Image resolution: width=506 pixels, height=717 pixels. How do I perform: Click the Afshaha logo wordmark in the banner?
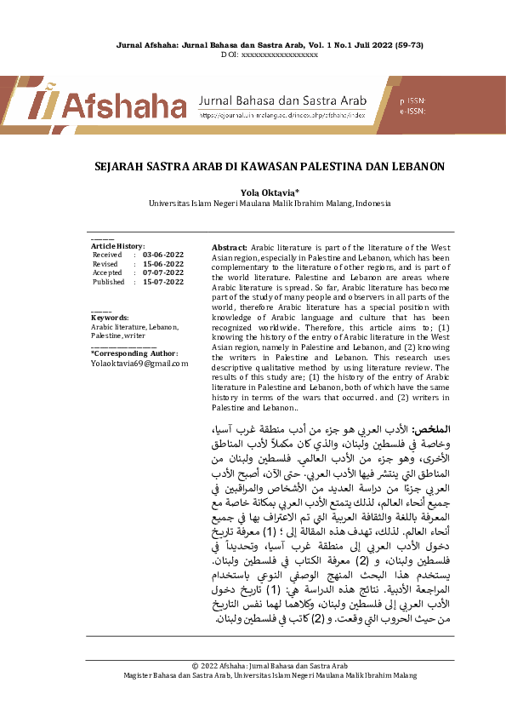tap(128, 106)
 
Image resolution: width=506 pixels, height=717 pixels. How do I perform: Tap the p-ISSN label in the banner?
tap(412, 100)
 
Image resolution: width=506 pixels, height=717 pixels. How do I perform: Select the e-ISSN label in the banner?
tap(412, 112)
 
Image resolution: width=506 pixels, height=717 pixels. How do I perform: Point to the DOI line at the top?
tap(269, 54)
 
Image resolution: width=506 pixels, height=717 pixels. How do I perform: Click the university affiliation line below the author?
tap(269, 204)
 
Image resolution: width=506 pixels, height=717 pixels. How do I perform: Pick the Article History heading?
tap(117, 245)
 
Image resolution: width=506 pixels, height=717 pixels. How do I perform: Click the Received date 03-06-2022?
tap(163, 255)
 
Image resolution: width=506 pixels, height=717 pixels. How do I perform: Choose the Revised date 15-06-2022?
tap(163, 264)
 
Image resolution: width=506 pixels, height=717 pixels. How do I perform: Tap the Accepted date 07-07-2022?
tap(163, 272)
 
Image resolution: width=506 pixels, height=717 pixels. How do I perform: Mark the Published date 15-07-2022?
tap(163, 282)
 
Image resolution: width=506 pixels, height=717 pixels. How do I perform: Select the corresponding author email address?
tap(139, 363)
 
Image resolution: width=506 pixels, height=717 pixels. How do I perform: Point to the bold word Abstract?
tap(229, 246)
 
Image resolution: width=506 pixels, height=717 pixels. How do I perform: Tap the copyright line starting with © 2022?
tap(269, 665)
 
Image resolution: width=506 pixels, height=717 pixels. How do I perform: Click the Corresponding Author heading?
tap(134, 353)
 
